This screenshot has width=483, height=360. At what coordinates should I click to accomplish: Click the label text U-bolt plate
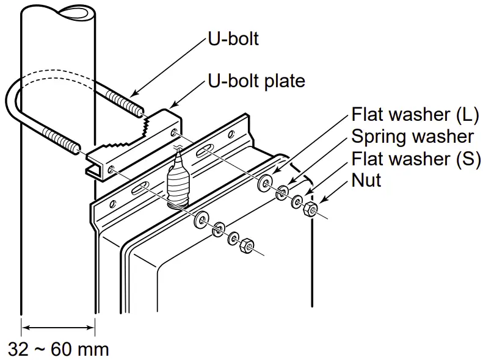(x=256, y=81)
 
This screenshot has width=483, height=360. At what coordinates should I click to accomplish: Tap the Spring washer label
(x=412, y=136)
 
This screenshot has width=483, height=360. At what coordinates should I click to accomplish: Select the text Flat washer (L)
(x=415, y=114)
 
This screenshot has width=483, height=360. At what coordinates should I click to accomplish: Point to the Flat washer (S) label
(x=415, y=159)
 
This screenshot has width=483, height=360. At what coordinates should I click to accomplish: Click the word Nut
(x=366, y=181)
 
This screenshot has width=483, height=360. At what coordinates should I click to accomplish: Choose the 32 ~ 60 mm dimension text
(x=59, y=349)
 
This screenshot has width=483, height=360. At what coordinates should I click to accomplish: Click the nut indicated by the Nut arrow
(x=310, y=211)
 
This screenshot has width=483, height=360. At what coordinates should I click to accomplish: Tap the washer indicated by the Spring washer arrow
(x=283, y=192)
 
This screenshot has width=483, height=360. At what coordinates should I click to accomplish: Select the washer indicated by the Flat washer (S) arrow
(x=297, y=201)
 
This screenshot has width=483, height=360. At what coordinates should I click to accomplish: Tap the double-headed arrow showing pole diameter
(x=59, y=329)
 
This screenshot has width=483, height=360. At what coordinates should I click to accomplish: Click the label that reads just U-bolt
(x=233, y=39)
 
